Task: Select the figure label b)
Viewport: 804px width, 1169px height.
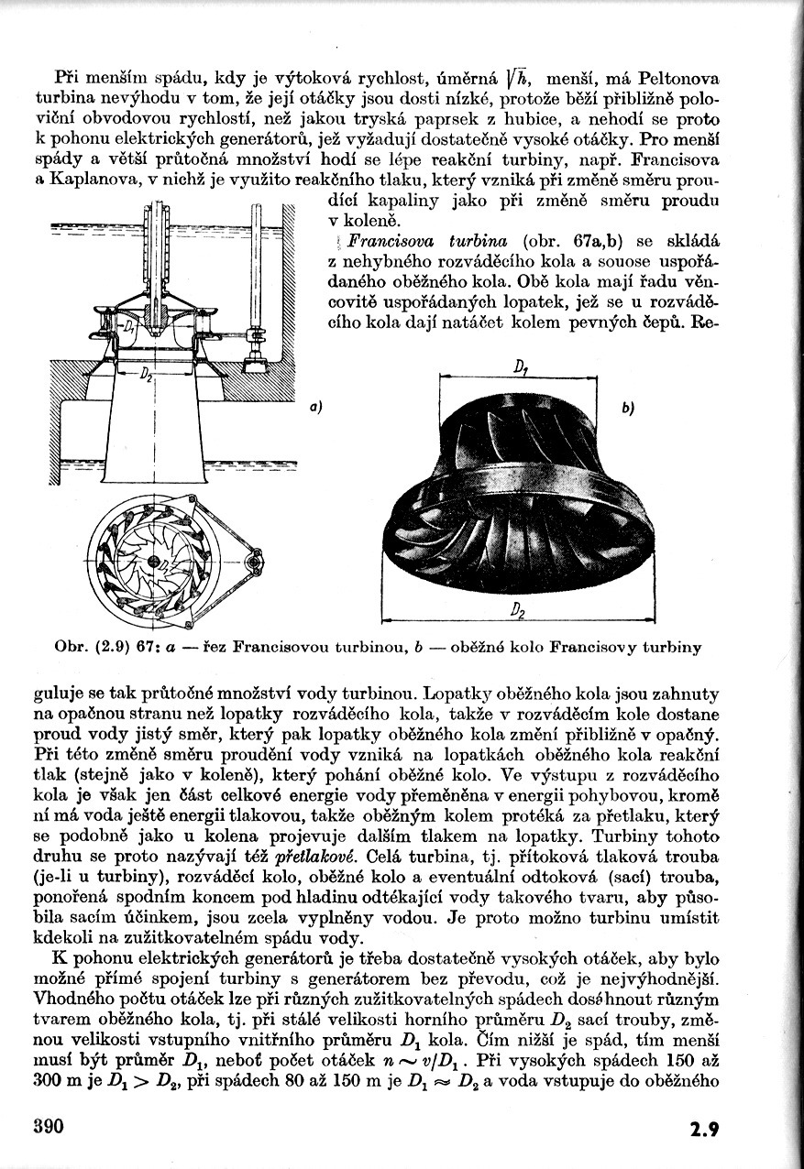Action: (x=628, y=408)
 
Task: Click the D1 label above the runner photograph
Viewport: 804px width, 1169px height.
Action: (x=521, y=368)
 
